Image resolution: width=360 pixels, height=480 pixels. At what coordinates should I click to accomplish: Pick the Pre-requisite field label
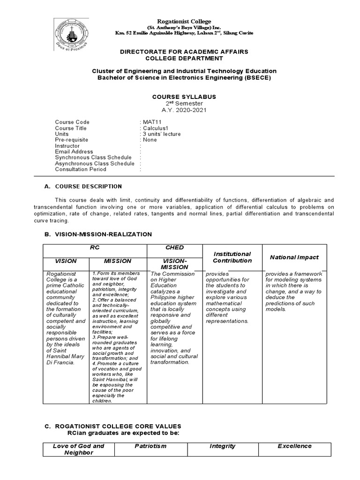(x=71, y=140)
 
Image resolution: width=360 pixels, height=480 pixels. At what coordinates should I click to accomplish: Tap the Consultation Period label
(x=81, y=169)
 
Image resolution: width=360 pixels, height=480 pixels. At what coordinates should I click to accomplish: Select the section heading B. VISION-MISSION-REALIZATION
(x=97, y=234)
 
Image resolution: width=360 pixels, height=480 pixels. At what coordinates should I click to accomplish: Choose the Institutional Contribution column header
(x=232, y=257)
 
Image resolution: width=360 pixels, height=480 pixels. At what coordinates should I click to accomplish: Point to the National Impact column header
(x=294, y=257)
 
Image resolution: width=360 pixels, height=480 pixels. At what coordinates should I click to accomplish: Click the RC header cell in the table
(x=95, y=247)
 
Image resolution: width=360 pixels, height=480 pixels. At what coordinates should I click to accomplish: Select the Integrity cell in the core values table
(x=222, y=446)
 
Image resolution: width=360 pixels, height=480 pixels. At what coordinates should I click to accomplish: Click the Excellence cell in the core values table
(x=294, y=446)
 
